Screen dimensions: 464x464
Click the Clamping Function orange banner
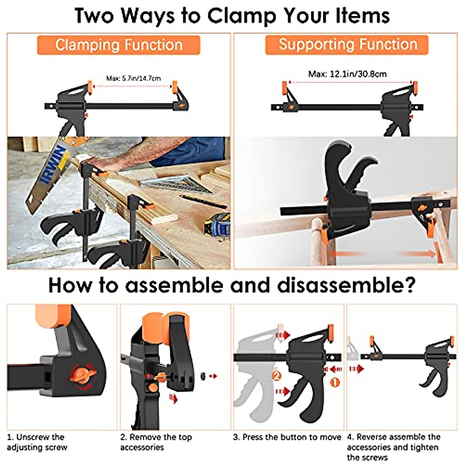(119, 45)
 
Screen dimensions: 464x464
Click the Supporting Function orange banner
(347, 44)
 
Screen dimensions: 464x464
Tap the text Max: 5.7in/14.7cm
(133, 78)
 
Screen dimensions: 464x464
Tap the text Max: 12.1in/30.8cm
(347, 74)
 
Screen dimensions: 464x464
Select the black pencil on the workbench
(203, 201)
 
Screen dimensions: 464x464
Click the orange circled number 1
(335, 383)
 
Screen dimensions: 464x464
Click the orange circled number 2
(276, 375)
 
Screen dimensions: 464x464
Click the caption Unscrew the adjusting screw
(37, 442)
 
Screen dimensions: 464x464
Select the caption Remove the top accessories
(155, 442)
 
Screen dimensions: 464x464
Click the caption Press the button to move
(287, 437)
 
